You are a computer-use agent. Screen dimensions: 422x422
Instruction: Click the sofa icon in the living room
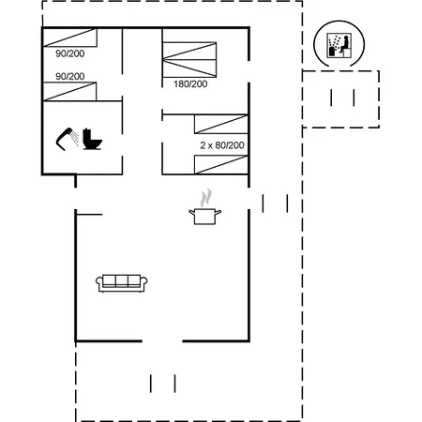tap(122, 283)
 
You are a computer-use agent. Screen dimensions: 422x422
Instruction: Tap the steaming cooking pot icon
tap(204, 207)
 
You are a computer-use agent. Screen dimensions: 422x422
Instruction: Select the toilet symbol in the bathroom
tap(92, 139)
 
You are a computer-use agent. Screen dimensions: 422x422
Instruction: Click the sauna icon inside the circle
tap(339, 46)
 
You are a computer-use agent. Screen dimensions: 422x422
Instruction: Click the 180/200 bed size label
tap(190, 83)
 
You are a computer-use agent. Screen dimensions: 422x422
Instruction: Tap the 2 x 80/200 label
tap(222, 145)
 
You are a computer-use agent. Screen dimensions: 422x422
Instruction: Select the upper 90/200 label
tap(70, 53)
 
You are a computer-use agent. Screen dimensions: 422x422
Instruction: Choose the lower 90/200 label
tap(70, 76)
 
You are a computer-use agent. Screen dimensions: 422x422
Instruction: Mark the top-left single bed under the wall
tap(69, 38)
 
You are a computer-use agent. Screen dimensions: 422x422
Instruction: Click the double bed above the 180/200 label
tap(189, 59)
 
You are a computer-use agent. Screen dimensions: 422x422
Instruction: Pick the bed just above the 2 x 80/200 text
tap(221, 124)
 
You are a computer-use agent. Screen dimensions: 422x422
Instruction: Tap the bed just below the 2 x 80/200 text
tap(221, 165)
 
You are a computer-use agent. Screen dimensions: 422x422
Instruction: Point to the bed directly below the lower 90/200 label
tap(69, 92)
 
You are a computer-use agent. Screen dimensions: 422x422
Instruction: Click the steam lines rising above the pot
tap(205, 198)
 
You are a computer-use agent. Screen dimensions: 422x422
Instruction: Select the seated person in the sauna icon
tap(344, 46)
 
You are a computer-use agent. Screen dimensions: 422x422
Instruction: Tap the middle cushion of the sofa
tap(122, 280)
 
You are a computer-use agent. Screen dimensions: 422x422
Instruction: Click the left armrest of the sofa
tap(99, 282)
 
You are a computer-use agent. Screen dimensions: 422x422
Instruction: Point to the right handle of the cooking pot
tap(219, 213)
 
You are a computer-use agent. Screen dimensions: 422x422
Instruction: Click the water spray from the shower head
tap(75, 139)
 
